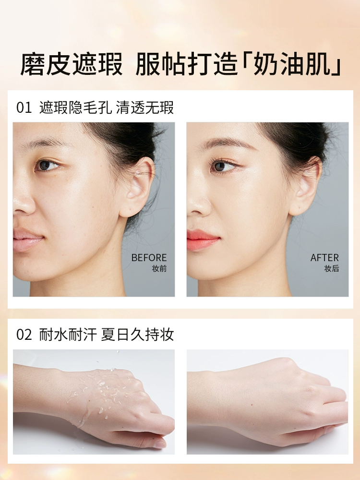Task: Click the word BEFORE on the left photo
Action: pyautogui.click(x=149, y=257)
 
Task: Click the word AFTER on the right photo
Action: pyautogui.click(x=324, y=257)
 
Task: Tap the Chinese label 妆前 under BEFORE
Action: pyautogui.click(x=159, y=268)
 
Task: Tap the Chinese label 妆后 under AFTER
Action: pyautogui.click(x=332, y=268)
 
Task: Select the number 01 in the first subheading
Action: pyautogui.click(x=24, y=108)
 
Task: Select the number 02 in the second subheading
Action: pyautogui.click(x=24, y=335)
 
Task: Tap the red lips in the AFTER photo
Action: pyautogui.click(x=202, y=240)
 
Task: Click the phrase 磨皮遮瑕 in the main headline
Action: pyautogui.click(x=72, y=65)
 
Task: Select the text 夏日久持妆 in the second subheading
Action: pyautogui.click(x=137, y=335)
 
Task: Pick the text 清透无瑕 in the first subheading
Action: pyautogui.click(x=145, y=108)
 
